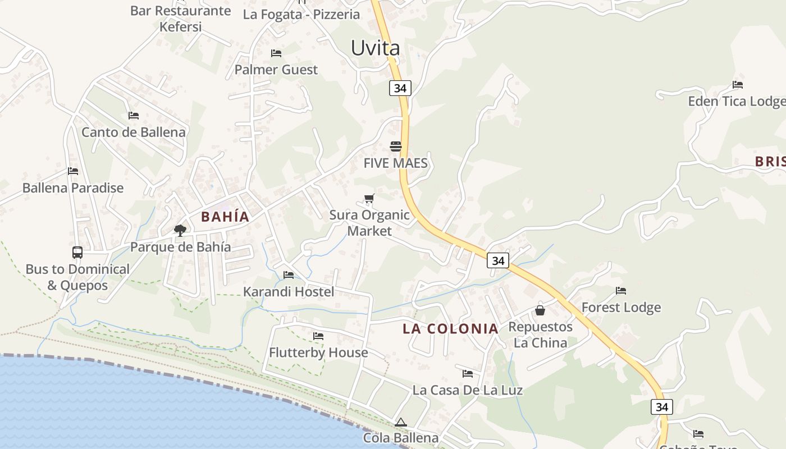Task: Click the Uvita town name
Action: click(376, 48)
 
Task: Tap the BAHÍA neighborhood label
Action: click(225, 217)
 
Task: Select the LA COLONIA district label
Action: click(450, 329)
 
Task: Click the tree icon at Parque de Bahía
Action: click(180, 230)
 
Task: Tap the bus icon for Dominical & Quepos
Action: click(77, 253)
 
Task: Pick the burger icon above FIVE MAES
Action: click(396, 146)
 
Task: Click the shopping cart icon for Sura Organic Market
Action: click(369, 198)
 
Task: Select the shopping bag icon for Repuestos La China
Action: click(540, 310)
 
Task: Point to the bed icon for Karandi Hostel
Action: click(289, 275)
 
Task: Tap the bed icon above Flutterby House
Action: click(318, 336)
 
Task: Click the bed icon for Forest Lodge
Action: click(621, 291)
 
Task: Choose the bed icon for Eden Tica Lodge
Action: click(738, 85)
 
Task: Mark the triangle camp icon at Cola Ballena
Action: click(400, 422)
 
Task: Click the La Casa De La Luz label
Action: click(468, 390)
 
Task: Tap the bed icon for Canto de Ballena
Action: click(134, 115)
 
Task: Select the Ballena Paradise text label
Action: click(73, 188)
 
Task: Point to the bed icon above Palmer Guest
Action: click(276, 53)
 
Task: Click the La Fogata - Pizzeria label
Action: click(301, 15)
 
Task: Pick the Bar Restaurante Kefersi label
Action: click(180, 19)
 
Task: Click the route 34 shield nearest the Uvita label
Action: click(400, 88)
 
